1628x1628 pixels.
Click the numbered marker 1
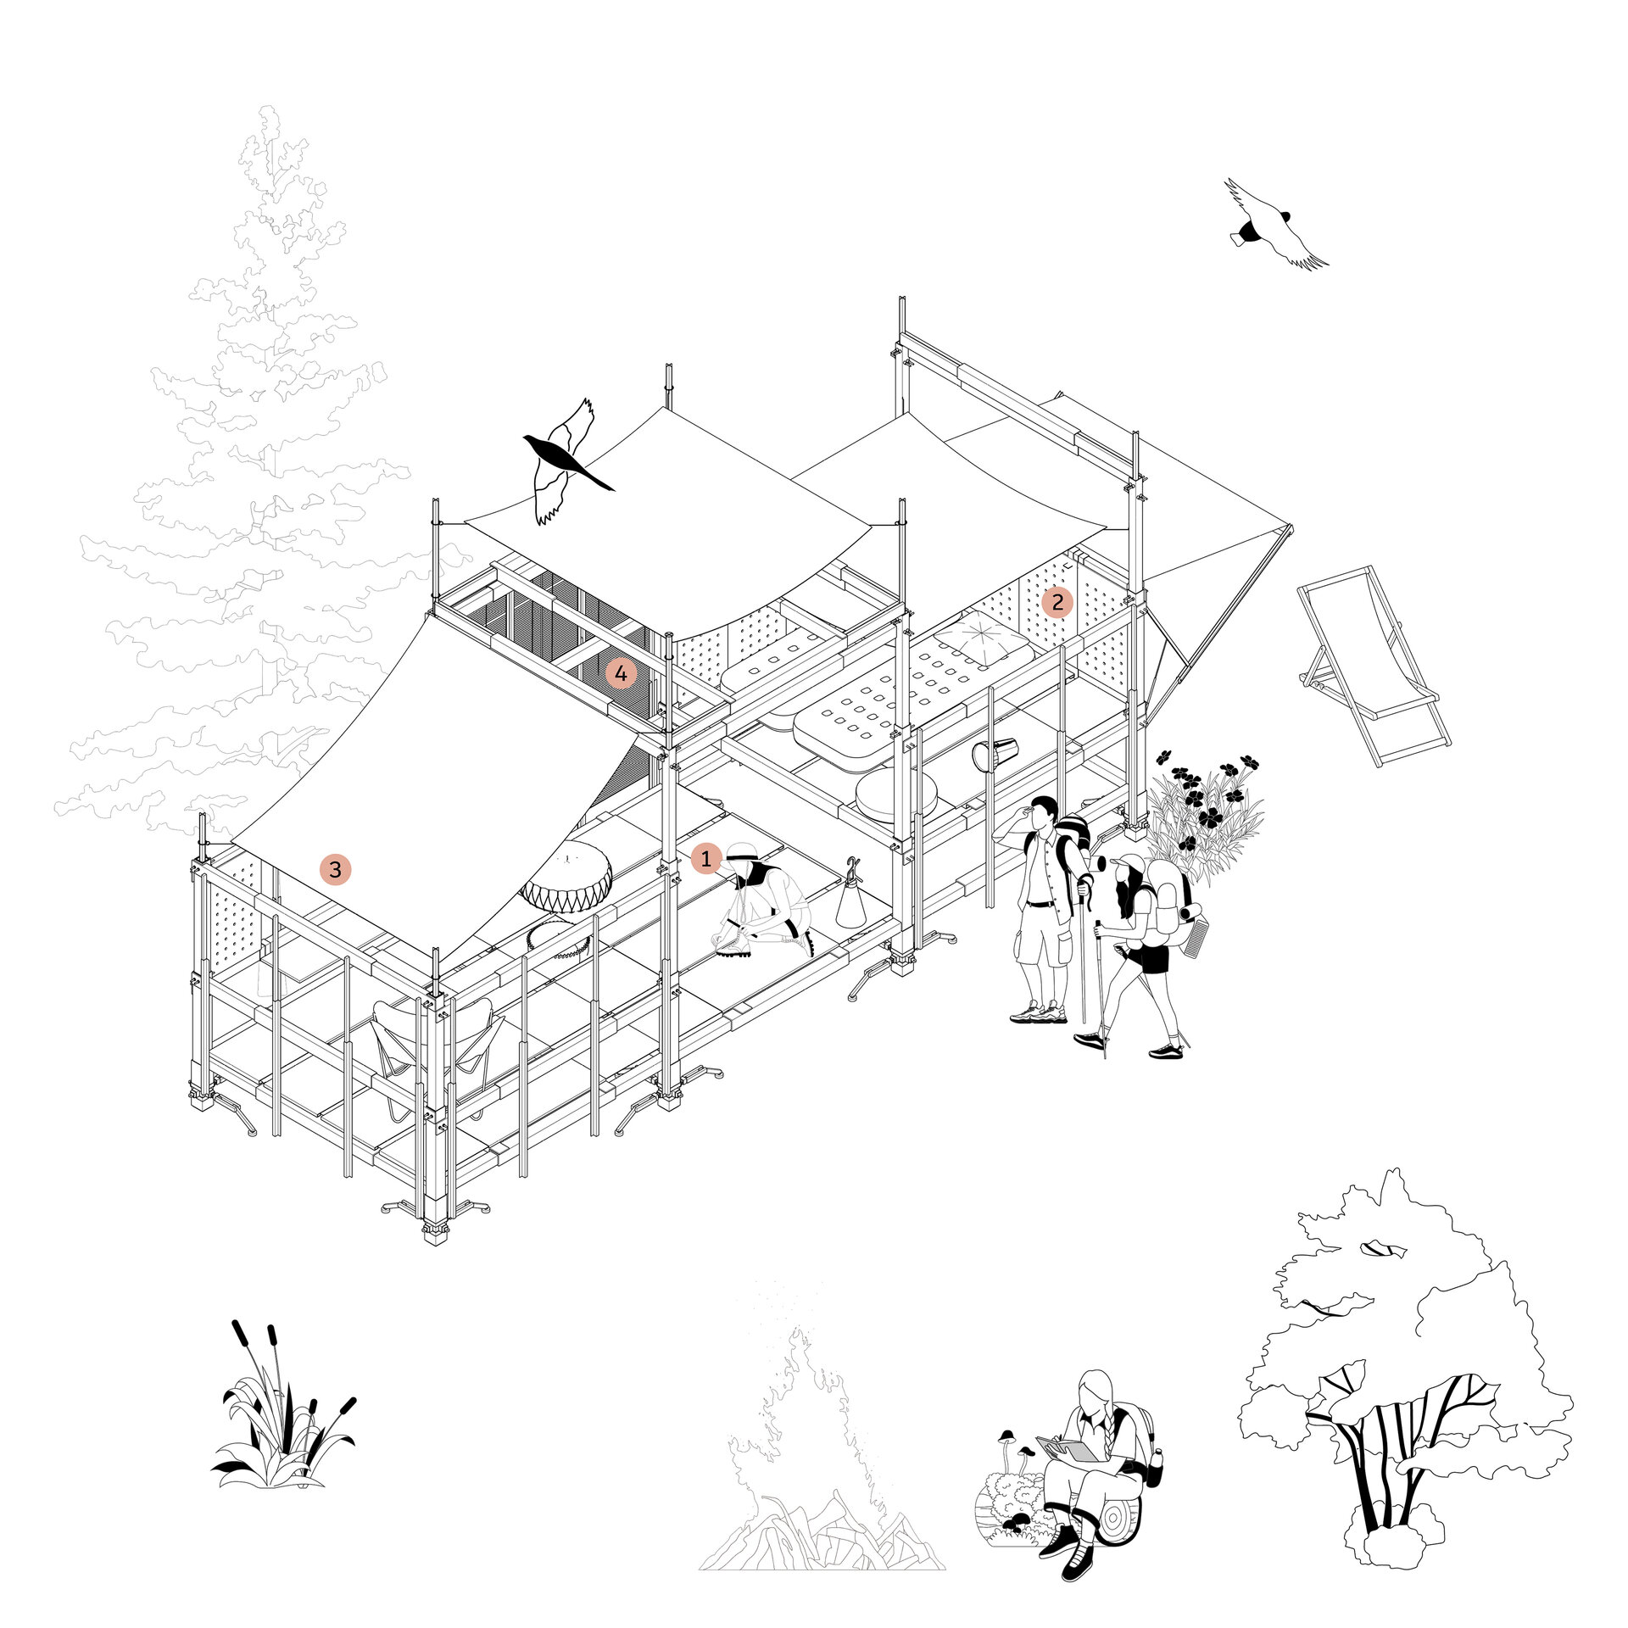pyautogui.click(x=705, y=859)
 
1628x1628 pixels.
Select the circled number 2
pyautogui.click(x=1057, y=602)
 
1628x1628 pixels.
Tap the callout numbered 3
pyautogui.click(x=335, y=869)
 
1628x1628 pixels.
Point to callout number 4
pyautogui.click(x=621, y=673)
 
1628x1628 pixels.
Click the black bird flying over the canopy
pyautogui.click(x=564, y=462)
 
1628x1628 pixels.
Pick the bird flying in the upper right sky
pyautogui.click(x=1272, y=225)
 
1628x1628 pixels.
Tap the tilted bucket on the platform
pyautogui.click(x=995, y=754)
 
